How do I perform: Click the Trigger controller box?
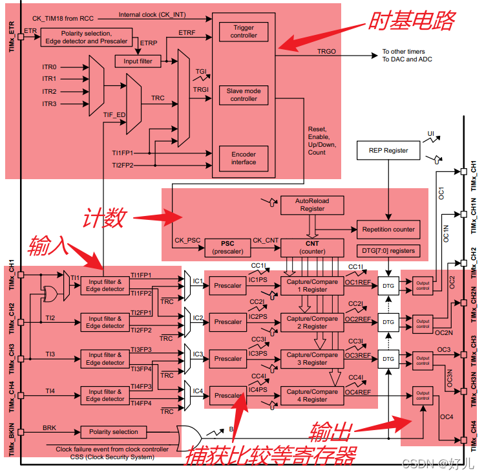(x=244, y=32)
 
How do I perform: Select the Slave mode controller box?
(x=244, y=95)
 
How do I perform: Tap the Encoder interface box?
(x=244, y=158)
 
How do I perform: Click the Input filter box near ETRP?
(x=138, y=61)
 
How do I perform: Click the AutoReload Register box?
(x=313, y=205)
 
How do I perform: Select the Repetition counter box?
(x=388, y=230)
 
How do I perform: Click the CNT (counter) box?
(x=312, y=246)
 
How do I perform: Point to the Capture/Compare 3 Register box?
(x=312, y=359)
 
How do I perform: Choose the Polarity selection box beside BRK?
(x=113, y=431)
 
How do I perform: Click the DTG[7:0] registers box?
(x=388, y=250)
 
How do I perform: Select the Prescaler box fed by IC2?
(x=228, y=322)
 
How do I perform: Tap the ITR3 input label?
(x=50, y=103)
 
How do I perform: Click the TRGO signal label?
(x=326, y=51)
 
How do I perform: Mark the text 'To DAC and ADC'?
(x=407, y=59)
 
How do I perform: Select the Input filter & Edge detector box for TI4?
(x=106, y=395)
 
